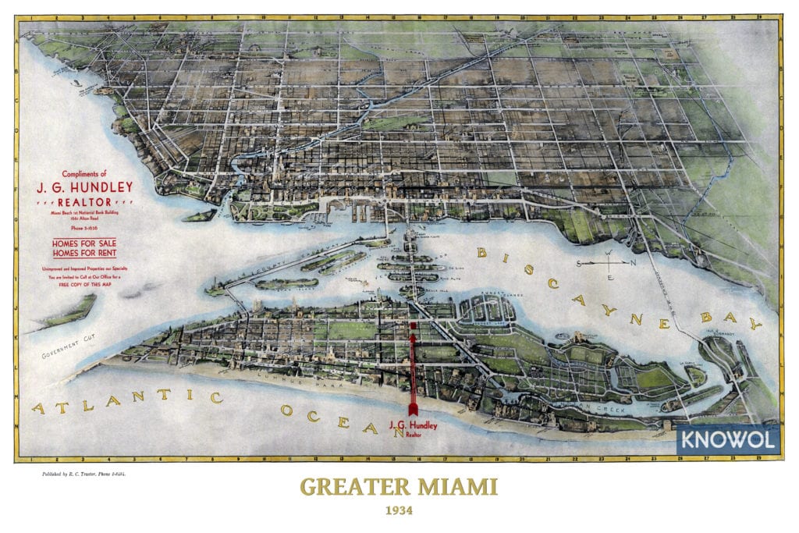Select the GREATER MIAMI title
pyautogui.click(x=399, y=488)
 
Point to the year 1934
pyautogui.click(x=399, y=513)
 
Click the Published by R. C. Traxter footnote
pyautogui.click(x=86, y=474)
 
